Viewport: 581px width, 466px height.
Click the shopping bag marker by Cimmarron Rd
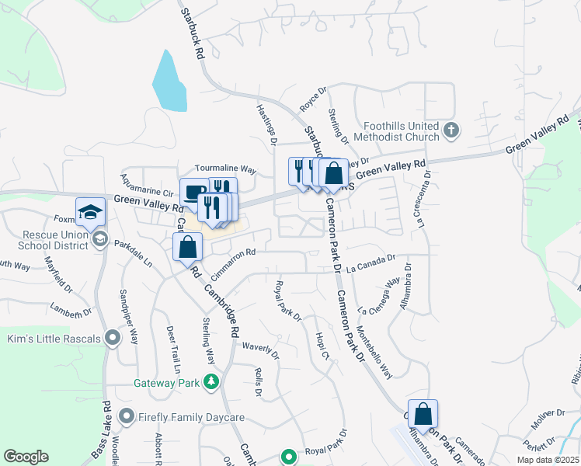point(187,248)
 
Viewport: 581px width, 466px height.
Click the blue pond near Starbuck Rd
point(170,82)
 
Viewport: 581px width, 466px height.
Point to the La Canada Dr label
point(371,265)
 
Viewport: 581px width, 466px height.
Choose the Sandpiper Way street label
point(128,317)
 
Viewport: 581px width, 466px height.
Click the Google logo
point(26,457)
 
